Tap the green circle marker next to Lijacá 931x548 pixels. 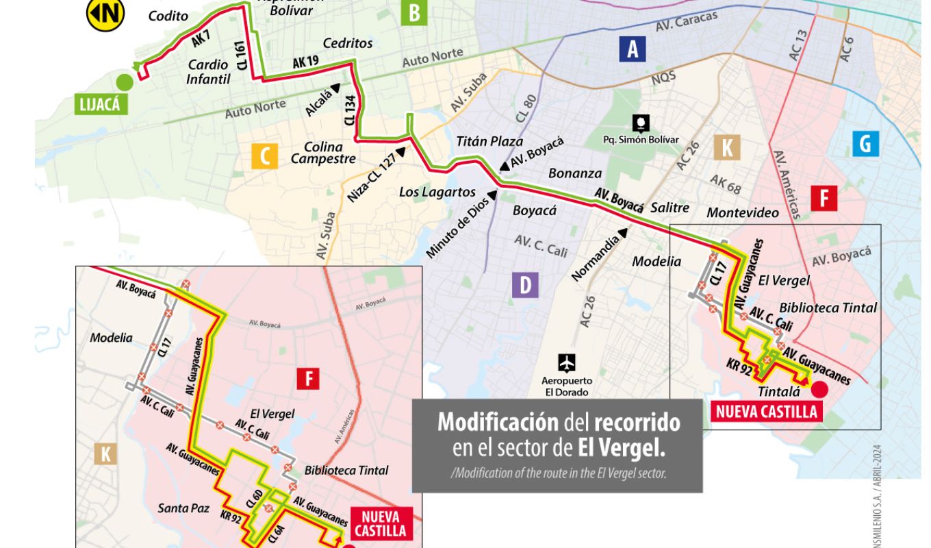tap(125, 82)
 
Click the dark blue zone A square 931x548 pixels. tap(633, 49)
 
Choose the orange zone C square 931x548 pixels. tap(265, 155)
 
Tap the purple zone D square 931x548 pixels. tap(525, 285)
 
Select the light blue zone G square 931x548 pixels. tap(865, 144)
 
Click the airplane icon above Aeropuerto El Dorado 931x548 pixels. tap(567, 363)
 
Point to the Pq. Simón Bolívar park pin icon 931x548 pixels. tap(641, 123)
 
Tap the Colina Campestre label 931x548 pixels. tap(323, 153)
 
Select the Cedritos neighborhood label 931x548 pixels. tap(348, 43)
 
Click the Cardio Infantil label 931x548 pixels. tap(207, 71)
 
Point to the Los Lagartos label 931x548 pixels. tap(437, 192)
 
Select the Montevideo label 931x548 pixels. tap(743, 212)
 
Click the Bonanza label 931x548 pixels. tap(575, 173)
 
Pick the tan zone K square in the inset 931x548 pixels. tap(105, 454)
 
